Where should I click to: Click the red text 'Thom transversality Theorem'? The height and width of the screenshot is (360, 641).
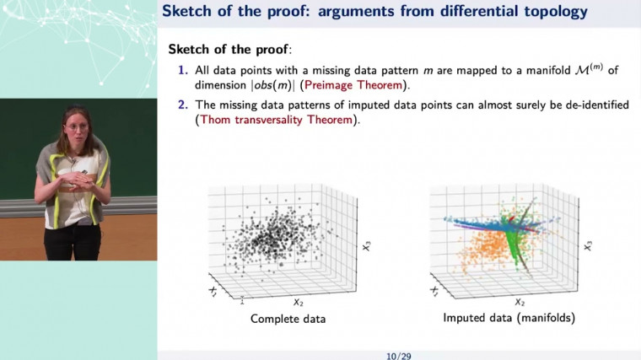(273, 121)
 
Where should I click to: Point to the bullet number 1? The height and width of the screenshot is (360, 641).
(182, 70)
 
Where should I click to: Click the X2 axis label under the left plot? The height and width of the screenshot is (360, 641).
(298, 301)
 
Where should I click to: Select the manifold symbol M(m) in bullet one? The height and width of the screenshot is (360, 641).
(587, 69)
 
